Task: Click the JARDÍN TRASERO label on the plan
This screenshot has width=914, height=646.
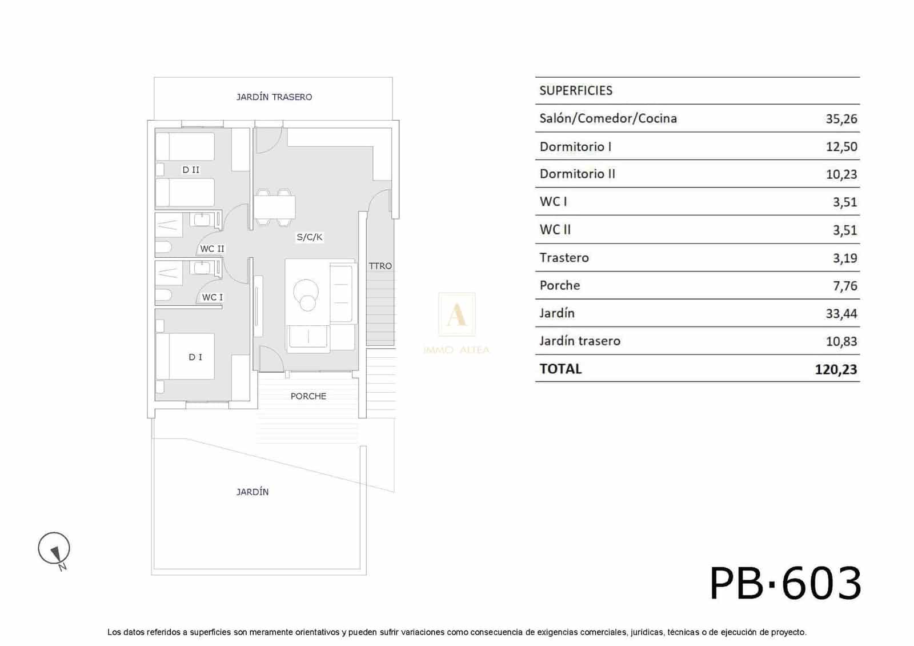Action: pos(274,97)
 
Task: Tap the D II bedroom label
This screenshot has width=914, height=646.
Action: pos(191,170)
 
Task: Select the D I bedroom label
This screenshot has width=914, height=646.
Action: pos(195,357)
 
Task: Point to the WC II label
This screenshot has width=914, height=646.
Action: pos(212,249)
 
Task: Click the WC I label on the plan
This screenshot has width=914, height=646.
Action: pos(213,297)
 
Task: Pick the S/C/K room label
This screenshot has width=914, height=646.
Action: pos(310,237)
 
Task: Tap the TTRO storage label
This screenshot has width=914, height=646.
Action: pos(380,266)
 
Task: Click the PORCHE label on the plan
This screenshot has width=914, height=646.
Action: pos(308,396)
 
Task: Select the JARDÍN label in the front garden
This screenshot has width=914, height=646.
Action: pos(252,492)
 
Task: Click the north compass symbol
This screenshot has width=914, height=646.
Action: pos(54,549)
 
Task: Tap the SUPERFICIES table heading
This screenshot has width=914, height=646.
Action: pos(576,90)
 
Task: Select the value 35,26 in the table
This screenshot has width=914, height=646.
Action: pos(841,119)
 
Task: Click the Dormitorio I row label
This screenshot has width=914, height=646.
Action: pos(575,146)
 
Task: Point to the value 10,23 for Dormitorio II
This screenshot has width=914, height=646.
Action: pos(841,174)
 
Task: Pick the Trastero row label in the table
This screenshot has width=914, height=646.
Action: pos(564,258)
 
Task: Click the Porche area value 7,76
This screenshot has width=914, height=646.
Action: pos(845,286)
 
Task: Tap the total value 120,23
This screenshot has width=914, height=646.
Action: pos(836,369)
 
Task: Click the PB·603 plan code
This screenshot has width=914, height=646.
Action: pos(785,584)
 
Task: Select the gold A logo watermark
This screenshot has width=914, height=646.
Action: pos(456,314)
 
